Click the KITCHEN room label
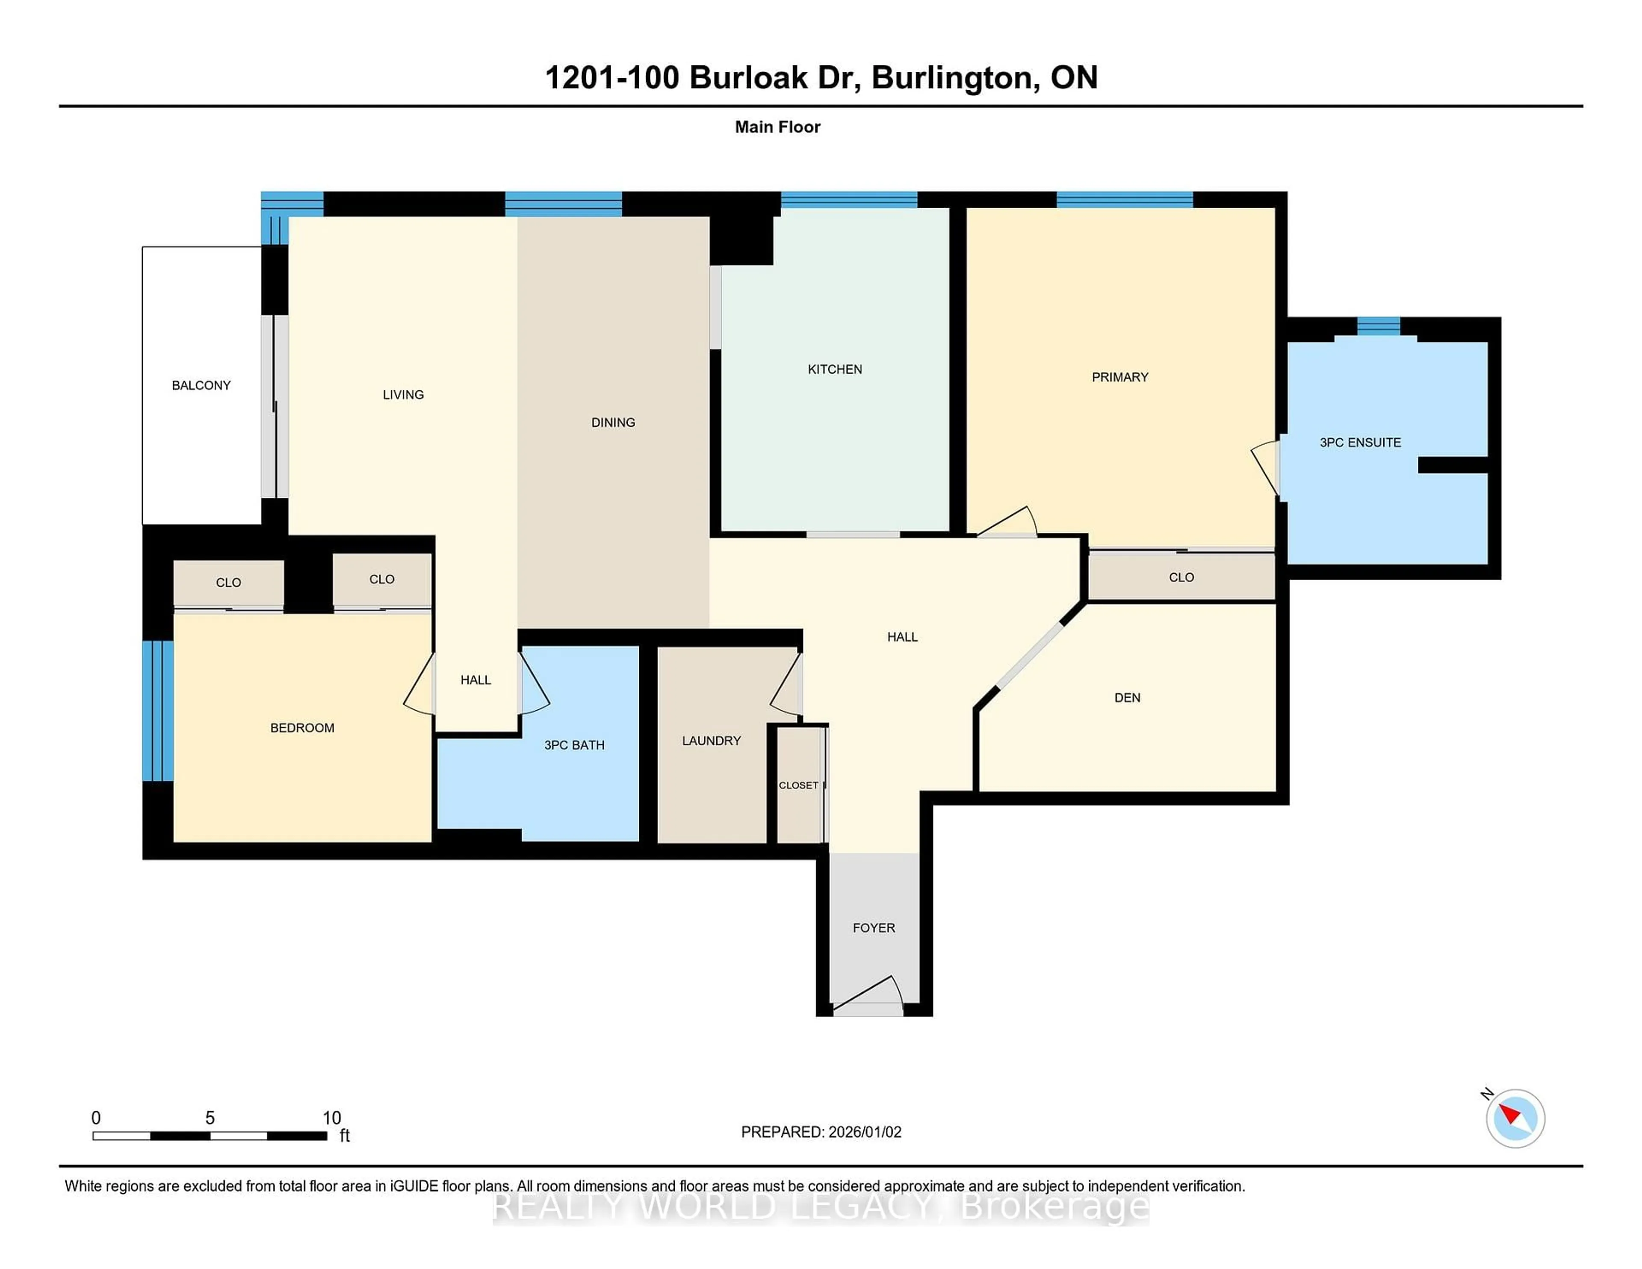pos(835,369)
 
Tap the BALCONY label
pos(201,385)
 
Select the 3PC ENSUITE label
pos(1360,442)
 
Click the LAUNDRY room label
pos(711,741)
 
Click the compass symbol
pos(1515,1118)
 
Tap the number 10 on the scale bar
pos(331,1118)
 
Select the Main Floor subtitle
pos(777,127)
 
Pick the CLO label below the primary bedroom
pos(1181,577)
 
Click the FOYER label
pos(874,928)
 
